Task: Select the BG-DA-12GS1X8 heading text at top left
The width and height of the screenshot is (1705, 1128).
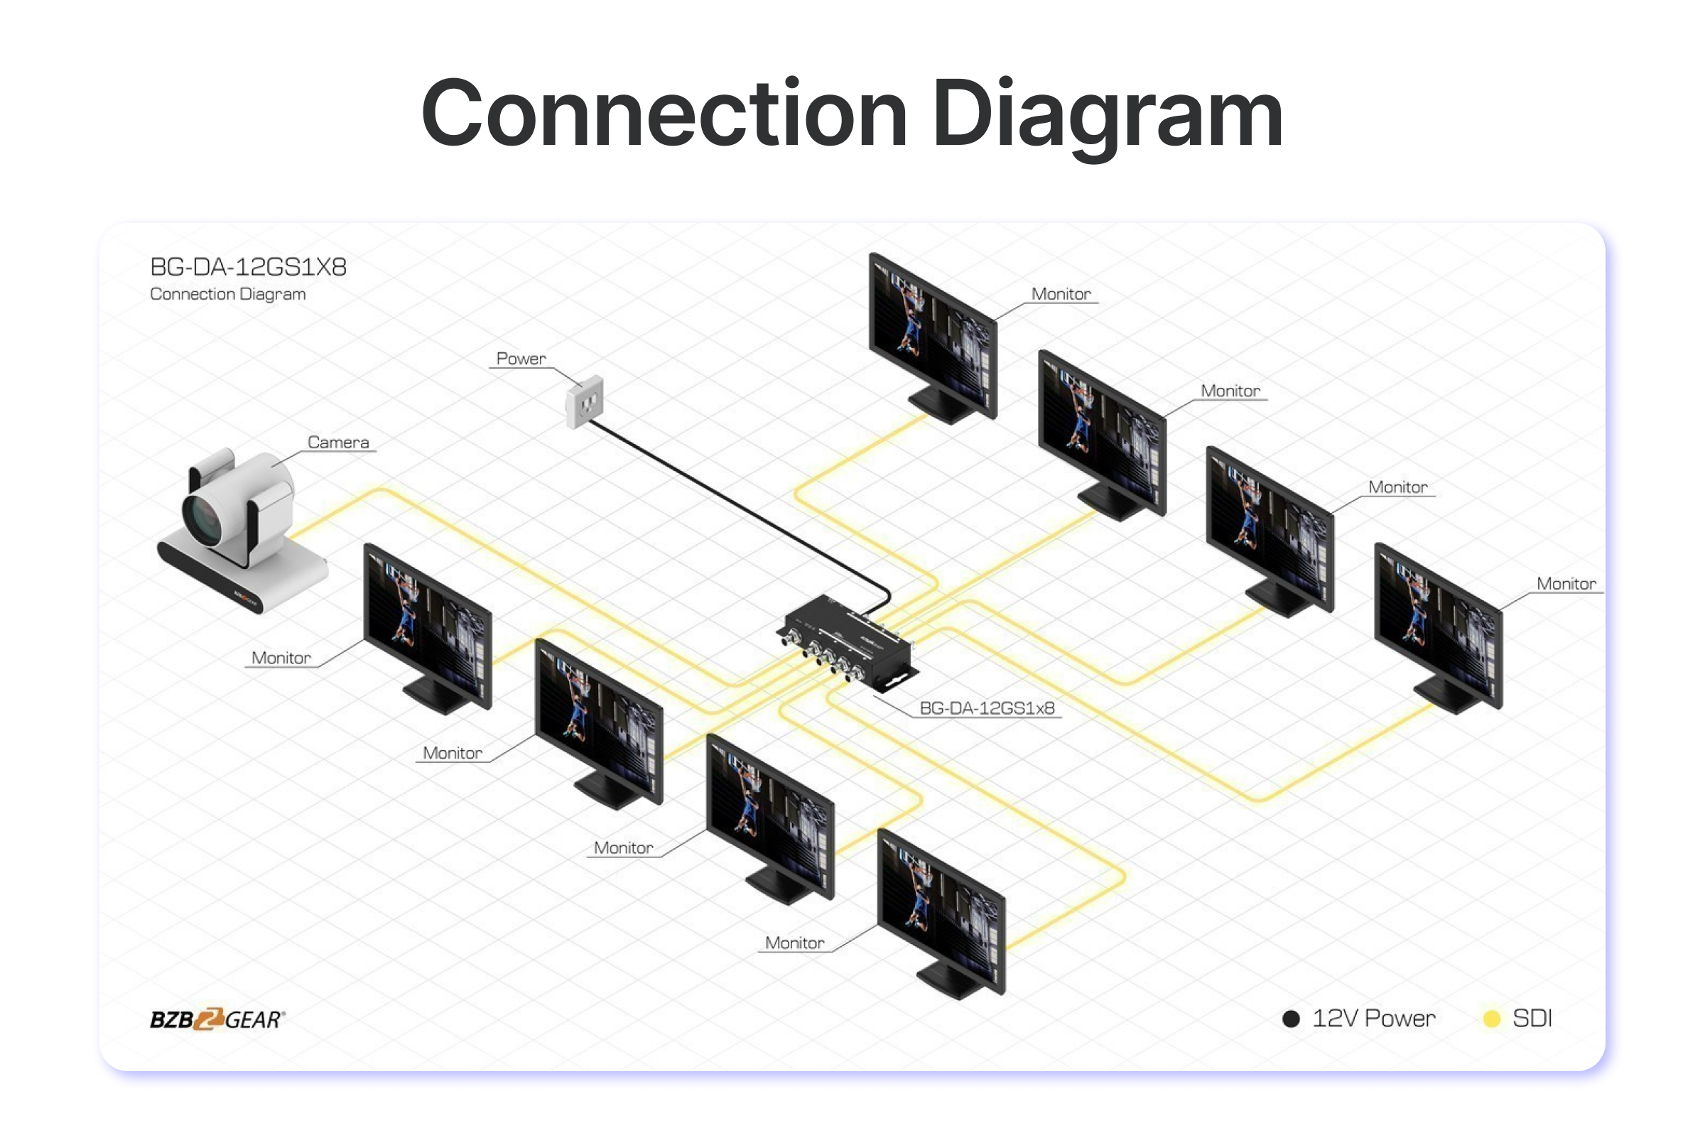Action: [x=248, y=267]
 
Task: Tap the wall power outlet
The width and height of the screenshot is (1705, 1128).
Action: [x=584, y=401]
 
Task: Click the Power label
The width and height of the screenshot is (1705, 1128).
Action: [x=521, y=358]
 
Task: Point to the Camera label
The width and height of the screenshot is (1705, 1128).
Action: [x=338, y=442]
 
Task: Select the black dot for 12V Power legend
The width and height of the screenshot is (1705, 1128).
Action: [x=1291, y=1019]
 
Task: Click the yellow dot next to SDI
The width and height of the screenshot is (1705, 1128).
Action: [x=1492, y=1019]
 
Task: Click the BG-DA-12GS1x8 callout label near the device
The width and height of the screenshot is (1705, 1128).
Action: [x=986, y=708]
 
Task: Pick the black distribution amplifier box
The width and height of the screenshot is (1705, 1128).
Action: [x=849, y=640]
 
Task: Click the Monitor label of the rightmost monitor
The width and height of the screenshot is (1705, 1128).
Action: [x=1566, y=583]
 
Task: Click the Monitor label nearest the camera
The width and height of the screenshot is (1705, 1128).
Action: [x=281, y=658]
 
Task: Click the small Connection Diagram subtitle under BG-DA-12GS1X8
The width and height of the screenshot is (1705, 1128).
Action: [x=227, y=294]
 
